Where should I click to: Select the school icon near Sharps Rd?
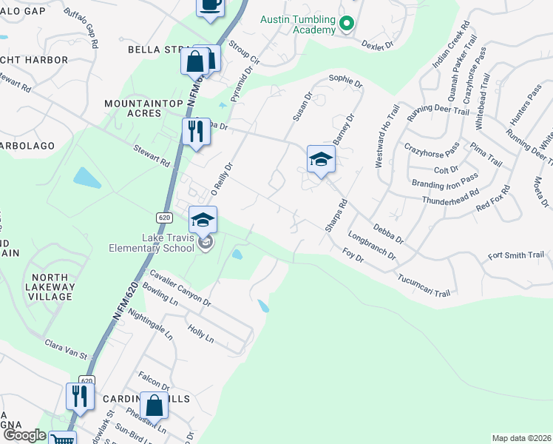[x=321, y=160]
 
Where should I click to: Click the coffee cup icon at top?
[x=210, y=6]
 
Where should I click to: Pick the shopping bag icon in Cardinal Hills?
[x=155, y=406]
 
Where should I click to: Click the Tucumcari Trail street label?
[x=424, y=287]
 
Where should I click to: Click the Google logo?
[x=25, y=435]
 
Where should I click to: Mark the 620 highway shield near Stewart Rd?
[x=165, y=218]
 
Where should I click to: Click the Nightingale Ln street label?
[x=150, y=324]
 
